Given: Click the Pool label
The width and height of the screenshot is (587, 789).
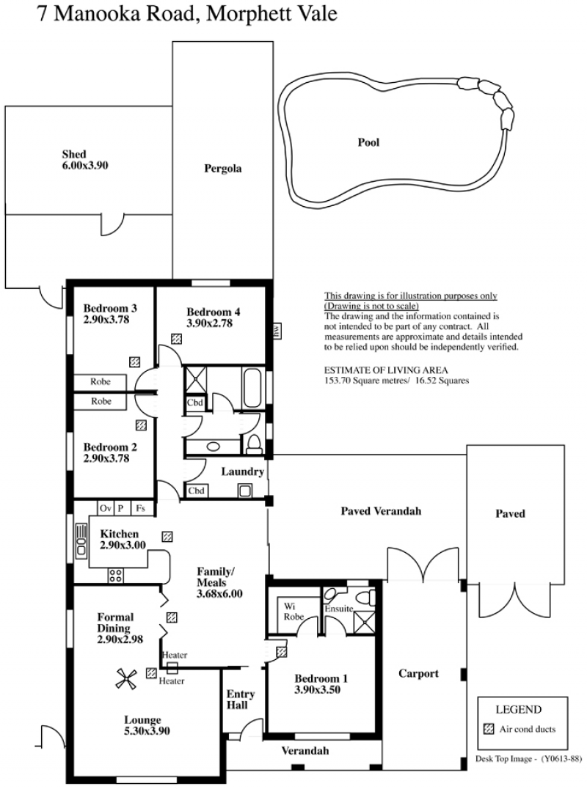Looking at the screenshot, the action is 368,142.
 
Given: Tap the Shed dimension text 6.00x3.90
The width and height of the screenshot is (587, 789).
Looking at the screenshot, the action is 85,166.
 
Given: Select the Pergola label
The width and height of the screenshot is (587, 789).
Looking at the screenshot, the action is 222,169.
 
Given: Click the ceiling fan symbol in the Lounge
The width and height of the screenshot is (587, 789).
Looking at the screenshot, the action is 126,679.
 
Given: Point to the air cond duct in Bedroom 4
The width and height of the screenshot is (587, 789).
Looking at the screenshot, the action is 176,339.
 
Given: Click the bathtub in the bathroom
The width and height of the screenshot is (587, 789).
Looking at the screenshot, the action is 252,389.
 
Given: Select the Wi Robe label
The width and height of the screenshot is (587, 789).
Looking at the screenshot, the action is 293,612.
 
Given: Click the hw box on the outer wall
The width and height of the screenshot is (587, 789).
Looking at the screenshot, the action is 276,331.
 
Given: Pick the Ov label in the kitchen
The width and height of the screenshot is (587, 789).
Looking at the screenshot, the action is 105,508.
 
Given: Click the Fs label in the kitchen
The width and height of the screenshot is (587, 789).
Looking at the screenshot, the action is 140,508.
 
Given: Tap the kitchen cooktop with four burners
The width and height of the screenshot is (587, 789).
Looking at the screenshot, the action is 116,575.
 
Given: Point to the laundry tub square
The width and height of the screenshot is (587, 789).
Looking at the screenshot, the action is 245,491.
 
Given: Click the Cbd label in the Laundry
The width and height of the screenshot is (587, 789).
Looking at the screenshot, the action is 196,491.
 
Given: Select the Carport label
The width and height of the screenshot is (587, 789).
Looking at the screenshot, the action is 418,673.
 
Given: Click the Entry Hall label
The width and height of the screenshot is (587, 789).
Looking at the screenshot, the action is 240,700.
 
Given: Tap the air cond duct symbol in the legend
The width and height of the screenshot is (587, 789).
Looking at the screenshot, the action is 488,729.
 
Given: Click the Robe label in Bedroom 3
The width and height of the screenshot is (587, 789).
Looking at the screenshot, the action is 101,381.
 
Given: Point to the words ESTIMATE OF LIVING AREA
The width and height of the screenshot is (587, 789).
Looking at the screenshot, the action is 386,370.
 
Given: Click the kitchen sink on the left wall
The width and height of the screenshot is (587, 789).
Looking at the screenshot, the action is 81,541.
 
